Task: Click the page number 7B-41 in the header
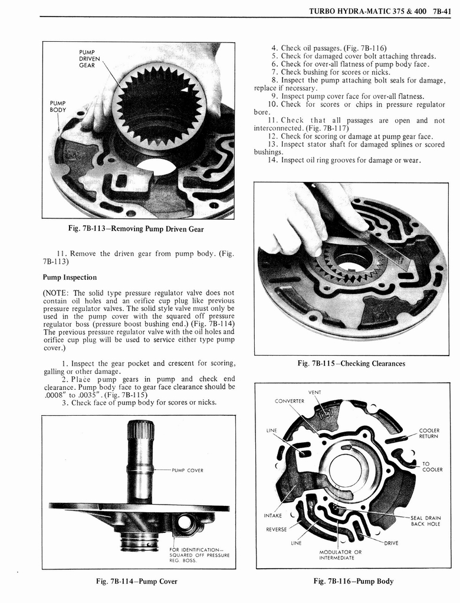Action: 439,9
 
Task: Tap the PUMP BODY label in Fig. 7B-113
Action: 58,106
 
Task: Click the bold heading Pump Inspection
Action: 70,277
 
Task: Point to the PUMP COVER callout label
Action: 188,470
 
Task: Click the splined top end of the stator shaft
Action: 140,430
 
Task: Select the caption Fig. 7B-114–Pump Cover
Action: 136,581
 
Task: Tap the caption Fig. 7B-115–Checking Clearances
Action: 351,363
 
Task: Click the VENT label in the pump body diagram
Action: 314,393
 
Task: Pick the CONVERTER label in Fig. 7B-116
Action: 289,402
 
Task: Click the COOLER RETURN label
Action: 428,433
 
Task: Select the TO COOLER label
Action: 433,466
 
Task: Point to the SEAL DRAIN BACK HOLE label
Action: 425,521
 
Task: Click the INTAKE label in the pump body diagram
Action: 274,516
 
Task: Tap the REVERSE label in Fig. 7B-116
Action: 276,529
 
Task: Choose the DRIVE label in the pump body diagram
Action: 392,543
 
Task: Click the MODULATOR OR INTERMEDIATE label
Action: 340,555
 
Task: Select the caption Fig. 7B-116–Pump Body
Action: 353,581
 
